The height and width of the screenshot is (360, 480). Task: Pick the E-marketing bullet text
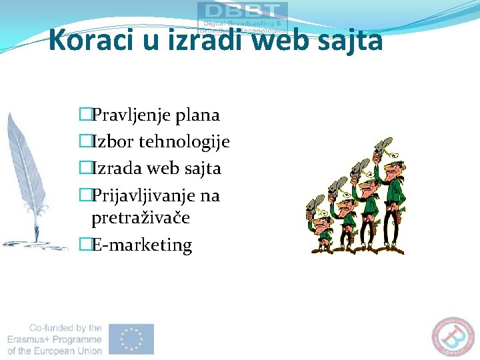pyautogui.click(x=141, y=245)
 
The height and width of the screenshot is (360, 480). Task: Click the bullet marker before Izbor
pyautogui.click(x=84, y=142)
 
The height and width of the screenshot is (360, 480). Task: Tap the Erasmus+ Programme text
pyautogui.click(x=55, y=339)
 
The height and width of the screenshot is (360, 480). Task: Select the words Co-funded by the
pyautogui.click(x=65, y=328)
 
